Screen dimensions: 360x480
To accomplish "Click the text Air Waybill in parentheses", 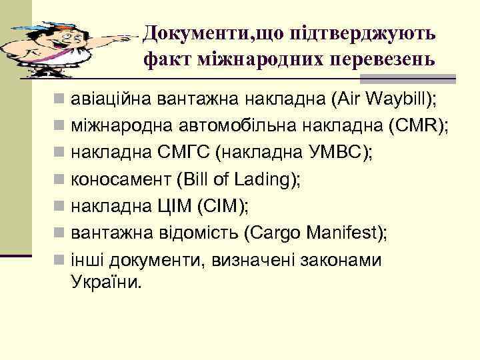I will coord(381,100).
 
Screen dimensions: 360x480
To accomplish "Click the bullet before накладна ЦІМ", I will coord(60,207).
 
